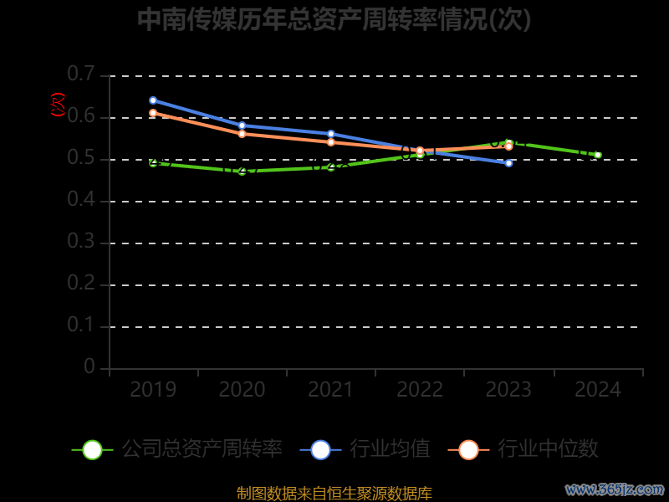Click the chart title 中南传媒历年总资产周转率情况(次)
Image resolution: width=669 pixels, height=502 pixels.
coord(334,19)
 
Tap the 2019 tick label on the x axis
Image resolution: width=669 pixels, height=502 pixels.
coord(153,390)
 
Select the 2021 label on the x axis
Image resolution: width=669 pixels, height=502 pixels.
coord(331,390)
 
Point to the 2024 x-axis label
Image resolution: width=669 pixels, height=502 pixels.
coord(598,390)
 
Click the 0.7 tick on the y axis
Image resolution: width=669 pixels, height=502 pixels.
coord(81,75)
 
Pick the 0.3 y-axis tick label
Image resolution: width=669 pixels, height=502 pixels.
coord(81,243)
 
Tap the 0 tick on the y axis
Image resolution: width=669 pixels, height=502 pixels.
coord(89,368)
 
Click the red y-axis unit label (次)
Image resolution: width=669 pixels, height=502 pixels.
coord(59,105)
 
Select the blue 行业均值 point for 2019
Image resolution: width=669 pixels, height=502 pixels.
coord(153,100)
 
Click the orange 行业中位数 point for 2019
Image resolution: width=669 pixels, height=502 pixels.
coord(153,113)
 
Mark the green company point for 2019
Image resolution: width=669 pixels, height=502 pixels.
coord(153,163)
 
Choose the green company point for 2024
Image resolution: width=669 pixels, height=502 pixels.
coord(598,155)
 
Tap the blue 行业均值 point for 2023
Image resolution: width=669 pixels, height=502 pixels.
coord(508,163)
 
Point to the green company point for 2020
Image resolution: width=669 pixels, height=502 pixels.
coord(243,172)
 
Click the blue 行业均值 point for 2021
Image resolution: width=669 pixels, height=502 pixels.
coord(331,134)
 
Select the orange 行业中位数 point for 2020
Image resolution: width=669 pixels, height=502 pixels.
coord(243,134)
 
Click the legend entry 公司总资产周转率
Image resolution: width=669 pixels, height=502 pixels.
coord(202,449)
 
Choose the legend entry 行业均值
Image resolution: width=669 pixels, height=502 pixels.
coord(390,449)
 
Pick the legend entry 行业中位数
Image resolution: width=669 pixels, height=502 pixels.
coord(548,449)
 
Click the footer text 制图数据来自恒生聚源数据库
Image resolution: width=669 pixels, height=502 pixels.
coord(334,494)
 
